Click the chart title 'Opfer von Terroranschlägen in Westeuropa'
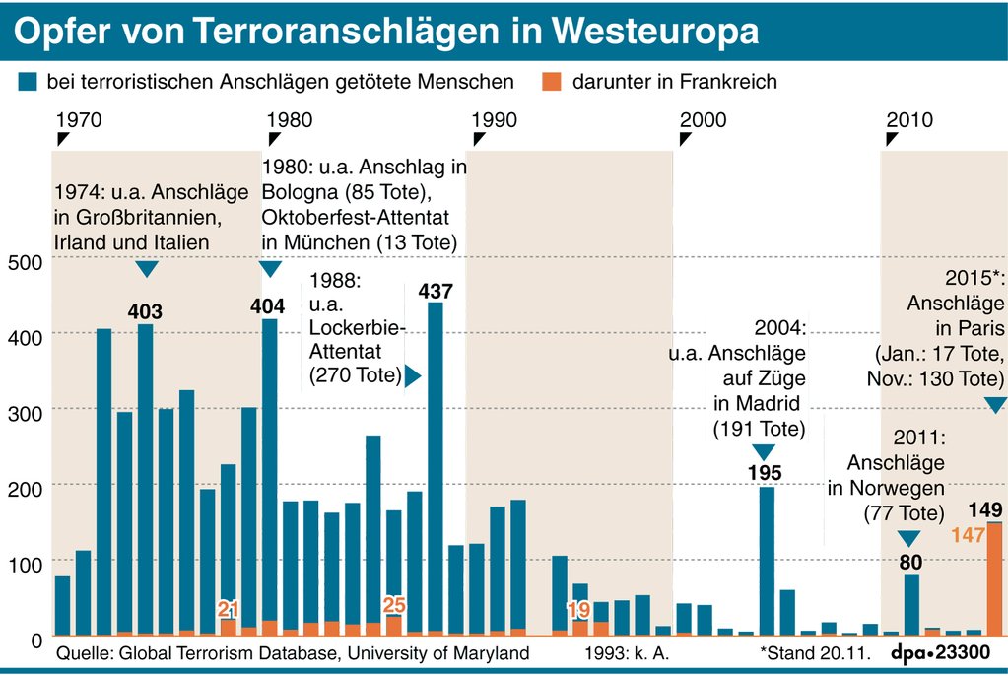(x=386, y=31)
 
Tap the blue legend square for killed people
(x=28, y=82)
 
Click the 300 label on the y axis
(x=29, y=412)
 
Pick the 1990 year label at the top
(x=495, y=120)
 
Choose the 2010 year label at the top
(x=909, y=120)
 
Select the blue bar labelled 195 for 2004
(x=767, y=561)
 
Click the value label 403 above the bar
(x=145, y=312)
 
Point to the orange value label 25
(x=394, y=604)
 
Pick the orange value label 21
(x=228, y=608)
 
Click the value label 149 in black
(x=985, y=509)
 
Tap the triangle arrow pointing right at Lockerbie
(x=413, y=376)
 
